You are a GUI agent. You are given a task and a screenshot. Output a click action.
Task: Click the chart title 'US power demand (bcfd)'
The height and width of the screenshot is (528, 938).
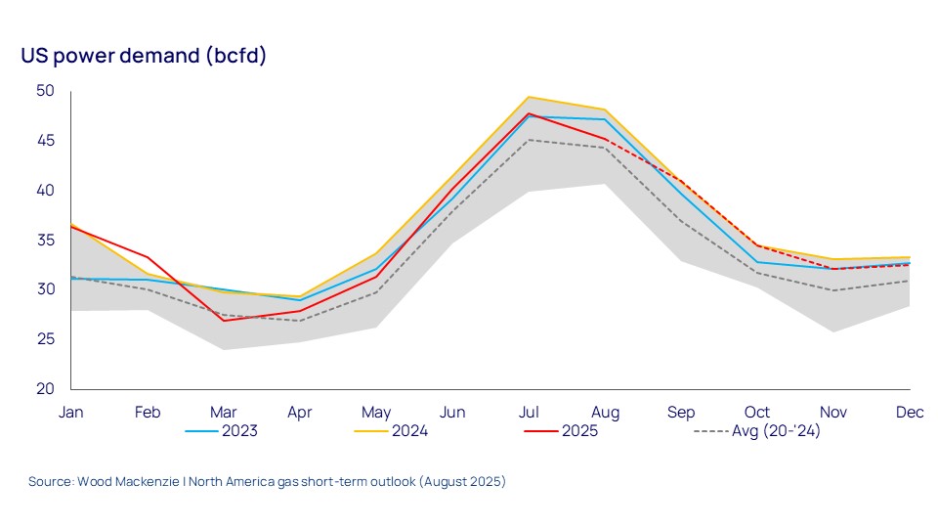pyautogui.click(x=144, y=56)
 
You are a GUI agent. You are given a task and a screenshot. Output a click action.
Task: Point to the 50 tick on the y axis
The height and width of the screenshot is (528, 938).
pyautogui.click(x=47, y=91)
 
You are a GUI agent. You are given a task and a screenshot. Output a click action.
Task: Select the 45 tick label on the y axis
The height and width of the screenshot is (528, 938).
pyautogui.click(x=47, y=141)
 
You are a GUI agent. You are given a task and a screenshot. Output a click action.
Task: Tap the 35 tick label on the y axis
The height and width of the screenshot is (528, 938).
pyautogui.click(x=47, y=240)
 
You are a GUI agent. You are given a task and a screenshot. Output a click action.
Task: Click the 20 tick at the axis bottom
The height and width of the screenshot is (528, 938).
pyautogui.click(x=47, y=388)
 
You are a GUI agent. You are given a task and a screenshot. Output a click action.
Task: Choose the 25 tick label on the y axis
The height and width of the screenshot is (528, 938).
pyautogui.click(x=47, y=339)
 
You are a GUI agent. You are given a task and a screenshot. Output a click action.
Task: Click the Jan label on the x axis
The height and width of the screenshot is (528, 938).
pyautogui.click(x=70, y=413)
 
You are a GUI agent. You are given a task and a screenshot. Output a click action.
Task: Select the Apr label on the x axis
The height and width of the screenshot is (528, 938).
pyautogui.click(x=299, y=413)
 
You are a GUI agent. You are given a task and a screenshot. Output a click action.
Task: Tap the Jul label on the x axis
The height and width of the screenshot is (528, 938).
pyautogui.click(x=529, y=413)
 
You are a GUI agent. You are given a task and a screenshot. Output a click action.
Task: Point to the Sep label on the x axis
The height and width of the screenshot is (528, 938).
pyautogui.click(x=681, y=413)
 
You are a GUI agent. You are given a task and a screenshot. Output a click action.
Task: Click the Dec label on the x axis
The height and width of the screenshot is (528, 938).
pyautogui.click(x=910, y=413)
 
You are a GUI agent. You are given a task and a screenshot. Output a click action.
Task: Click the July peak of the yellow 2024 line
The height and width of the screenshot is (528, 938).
pyautogui.click(x=529, y=97)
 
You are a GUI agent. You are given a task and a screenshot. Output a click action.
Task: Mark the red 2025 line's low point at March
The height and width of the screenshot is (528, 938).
pyautogui.click(x=223, y=321)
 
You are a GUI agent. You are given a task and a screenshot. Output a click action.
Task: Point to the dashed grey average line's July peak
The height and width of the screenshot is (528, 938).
pyautogui.click(x=529, y=140)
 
